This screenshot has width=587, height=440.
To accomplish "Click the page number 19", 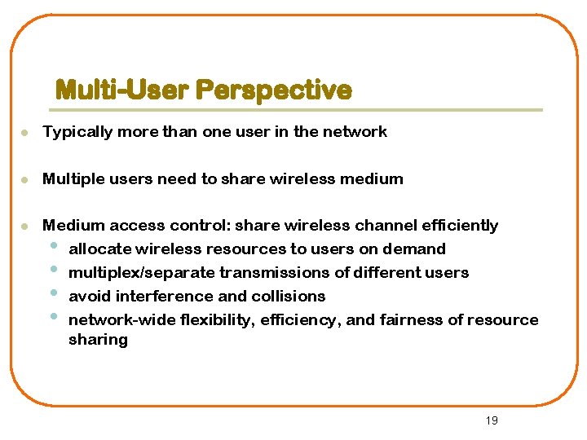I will (491, 420).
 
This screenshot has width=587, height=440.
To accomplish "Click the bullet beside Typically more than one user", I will (26, 132).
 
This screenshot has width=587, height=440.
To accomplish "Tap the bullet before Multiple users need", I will (26, 178).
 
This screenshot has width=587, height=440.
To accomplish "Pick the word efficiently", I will (460, 226).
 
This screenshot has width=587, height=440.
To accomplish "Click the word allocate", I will (99, 249).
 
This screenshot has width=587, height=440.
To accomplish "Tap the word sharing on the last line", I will (98, 340).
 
